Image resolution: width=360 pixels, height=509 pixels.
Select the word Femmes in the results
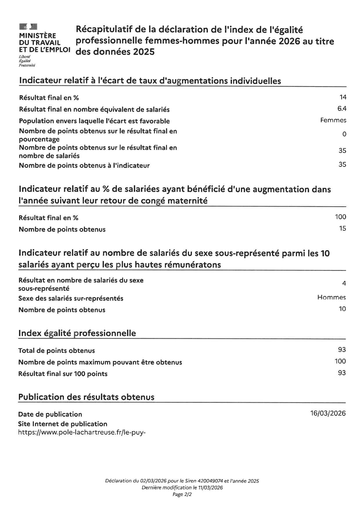tap(333, 120)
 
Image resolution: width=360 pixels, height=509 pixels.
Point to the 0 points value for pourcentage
tap(344, 134)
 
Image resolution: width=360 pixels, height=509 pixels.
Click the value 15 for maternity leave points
tap(343, 229)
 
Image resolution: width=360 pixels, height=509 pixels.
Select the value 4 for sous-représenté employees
tap(344, 284)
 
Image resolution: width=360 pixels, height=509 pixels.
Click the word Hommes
tap(331, 297)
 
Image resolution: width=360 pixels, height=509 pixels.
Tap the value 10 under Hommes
tap(342, 309)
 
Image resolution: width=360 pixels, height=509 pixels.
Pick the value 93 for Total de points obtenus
tap(342, 350)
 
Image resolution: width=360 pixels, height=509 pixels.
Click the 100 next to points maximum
tap(340, 361)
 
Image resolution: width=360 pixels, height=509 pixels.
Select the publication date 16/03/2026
tap(328, 414)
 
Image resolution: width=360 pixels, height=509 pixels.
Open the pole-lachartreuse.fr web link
tap(82, 433)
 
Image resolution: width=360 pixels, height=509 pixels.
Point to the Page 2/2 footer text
tap(182, 494)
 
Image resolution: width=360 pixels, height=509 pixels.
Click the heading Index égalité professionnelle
tap(77, 333)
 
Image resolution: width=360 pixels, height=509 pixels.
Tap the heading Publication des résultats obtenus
tap(86, 397)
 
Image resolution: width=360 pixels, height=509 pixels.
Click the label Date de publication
tap(50, 414)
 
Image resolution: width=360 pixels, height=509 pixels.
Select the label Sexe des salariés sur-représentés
tap(71, 299)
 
